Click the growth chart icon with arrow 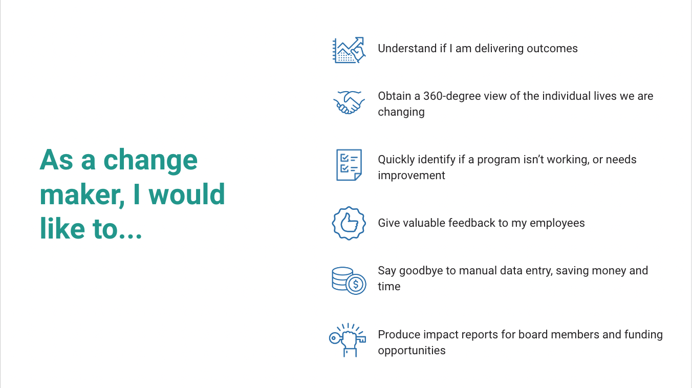tap(349, 50)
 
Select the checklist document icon tap(349, 165)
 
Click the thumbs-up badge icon tap(349, 223)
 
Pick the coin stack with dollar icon tap(349, 280)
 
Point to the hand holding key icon tap(348, 340)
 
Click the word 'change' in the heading tap(150, 161)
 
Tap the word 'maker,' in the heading tap(82, 195)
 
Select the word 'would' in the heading tap(189, 195)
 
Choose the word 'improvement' tap(412, 176)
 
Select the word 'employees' tap(557, 223)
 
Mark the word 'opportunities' tap(412, 351)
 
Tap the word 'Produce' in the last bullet tap(398, 335)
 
